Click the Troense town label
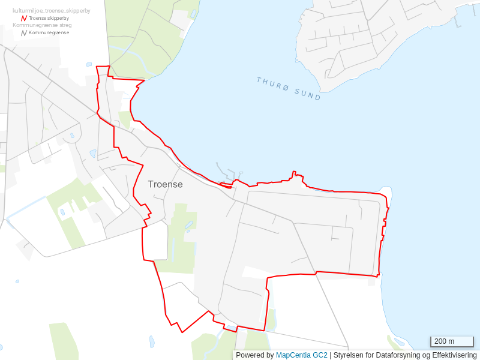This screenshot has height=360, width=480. pyautogui.click(x=165, y=184)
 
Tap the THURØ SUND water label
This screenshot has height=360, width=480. pyautogui.click(x=289, y=88)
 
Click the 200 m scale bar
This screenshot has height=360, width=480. pyautogui.click(x=452, y=341)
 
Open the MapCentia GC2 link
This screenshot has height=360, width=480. pyautogui.click(x=302, y=355)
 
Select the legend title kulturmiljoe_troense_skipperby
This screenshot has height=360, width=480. pyautogui.click(x=52, y=11)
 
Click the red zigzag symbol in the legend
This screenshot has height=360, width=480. pyautogui.click(x=24, y=18)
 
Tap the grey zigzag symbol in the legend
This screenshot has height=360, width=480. pyautogui.click(x=24, y=32)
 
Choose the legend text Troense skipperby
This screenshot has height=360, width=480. pyautogui.click(x=49, y=18)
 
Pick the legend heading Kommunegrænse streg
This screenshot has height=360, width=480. pyautogui.click(x=42, y=25)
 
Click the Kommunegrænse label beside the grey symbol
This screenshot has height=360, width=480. pyautogui.click(x=49, y=32)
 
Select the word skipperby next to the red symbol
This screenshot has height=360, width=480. pyautogui.click(x=57, y=18)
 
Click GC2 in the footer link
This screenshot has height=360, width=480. pyautogui.click(x=320, y=355)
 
